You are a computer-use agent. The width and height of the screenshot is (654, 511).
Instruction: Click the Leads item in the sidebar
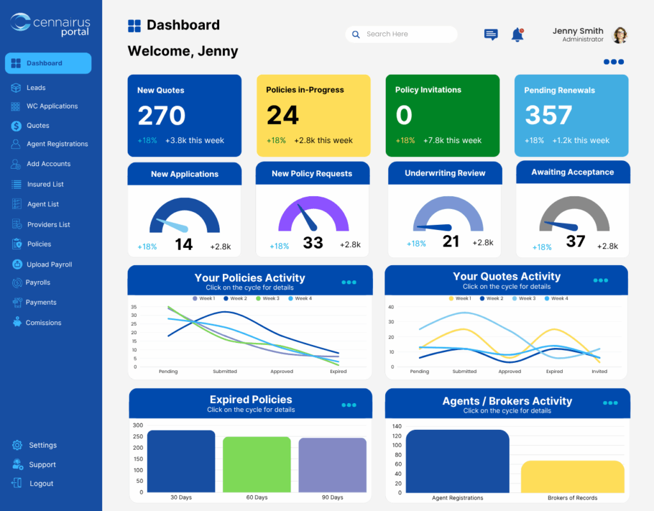point(36,88)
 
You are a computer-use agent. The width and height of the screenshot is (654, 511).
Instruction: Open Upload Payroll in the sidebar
point(49,264)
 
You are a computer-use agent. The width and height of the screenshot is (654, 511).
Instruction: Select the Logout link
point(41,484)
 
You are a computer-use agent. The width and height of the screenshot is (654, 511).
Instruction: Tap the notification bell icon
point(517,35)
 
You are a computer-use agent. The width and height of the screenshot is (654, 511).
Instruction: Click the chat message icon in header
point(490,35)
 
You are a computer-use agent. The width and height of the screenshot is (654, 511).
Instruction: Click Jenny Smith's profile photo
point(620,35)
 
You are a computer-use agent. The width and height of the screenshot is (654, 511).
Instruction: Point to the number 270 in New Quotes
point(162,116)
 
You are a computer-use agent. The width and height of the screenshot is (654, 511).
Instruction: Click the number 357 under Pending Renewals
point(548,116)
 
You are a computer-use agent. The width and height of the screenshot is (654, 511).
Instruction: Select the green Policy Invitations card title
point(428,90)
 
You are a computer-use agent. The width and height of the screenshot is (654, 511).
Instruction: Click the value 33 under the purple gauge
point(313,243)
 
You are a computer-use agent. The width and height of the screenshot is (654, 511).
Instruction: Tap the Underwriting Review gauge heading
point(445,173)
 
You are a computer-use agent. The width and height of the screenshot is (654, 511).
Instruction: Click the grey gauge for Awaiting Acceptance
point(572,214)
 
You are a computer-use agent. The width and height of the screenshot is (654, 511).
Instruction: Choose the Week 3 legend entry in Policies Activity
point(268,298)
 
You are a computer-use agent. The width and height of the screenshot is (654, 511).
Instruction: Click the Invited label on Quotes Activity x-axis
point(600,371)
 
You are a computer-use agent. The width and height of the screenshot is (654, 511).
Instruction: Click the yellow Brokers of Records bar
point(572,476)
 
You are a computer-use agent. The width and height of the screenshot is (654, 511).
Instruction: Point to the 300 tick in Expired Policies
point(137,425)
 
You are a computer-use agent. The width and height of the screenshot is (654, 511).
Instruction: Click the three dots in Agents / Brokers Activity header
point(610,403)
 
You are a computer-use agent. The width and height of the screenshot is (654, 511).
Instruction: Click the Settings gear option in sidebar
point(42,445)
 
